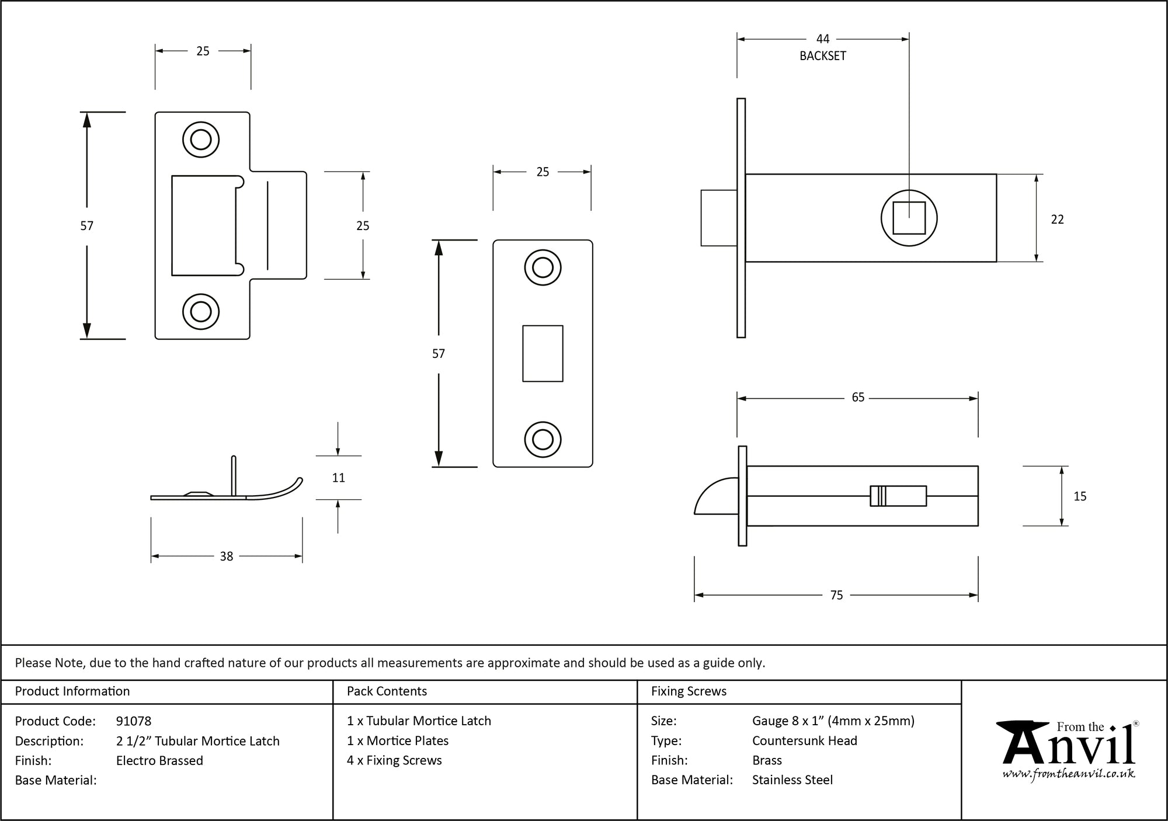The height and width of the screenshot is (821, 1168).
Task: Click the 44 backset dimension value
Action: click(822, 39)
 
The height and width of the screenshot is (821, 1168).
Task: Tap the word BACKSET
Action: click(822, 56)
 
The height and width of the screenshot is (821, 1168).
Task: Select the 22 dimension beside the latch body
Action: click(1057, 220)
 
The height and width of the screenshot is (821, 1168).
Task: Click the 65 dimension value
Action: click(857, 398)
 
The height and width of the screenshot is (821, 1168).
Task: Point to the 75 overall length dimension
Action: click(836, 595)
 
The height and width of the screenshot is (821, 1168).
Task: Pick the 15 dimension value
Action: click(1080, 496)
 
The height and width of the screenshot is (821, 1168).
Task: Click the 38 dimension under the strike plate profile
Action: click(227, 556)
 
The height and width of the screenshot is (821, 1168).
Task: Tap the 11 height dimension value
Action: click(338, 478)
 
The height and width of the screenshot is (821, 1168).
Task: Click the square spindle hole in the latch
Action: click(909, 218)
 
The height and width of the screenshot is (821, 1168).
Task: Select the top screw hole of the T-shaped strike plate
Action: click(201, 140)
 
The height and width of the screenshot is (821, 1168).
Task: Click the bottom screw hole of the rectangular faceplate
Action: click(543, 440)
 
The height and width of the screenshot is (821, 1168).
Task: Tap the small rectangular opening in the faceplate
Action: click(543, 353)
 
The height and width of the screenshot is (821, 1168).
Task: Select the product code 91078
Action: click(134, 721)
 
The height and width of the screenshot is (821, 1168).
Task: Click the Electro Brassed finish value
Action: click(159, 761)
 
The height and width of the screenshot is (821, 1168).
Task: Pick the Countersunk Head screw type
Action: click(804, 741)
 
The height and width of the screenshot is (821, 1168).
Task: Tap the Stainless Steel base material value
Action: click(792, 780)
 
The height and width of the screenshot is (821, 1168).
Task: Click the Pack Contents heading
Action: click(387, 691)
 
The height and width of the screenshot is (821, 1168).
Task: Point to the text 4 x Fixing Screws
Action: click(394, 761)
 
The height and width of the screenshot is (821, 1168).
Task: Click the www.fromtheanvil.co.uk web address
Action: click(1069, 775)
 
